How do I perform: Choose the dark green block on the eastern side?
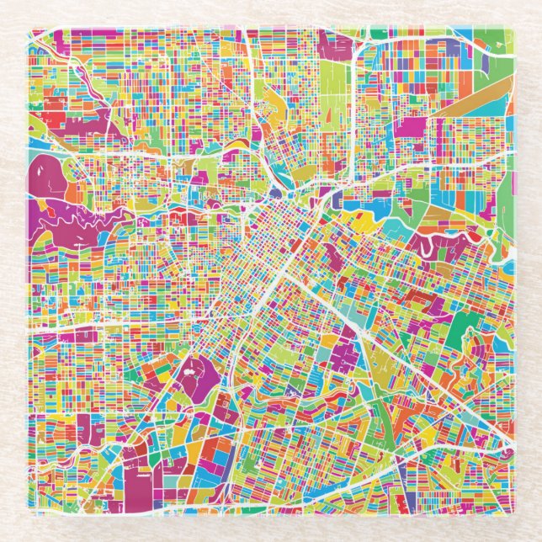462,328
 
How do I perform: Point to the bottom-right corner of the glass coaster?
511,513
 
